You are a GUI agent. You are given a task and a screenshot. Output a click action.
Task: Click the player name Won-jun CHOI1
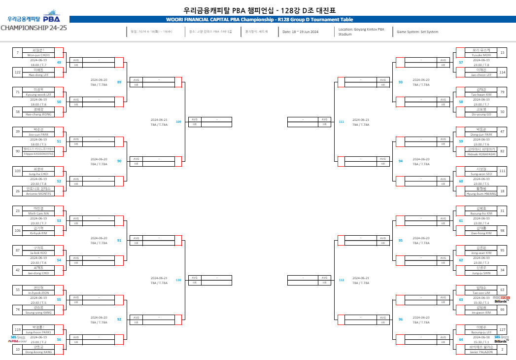coord(38,55)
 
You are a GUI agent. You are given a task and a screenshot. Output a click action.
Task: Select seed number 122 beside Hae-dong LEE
coord(18,72)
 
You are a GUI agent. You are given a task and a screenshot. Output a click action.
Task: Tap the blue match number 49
coord(59,63)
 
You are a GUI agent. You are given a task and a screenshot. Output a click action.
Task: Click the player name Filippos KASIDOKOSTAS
coord(38,154)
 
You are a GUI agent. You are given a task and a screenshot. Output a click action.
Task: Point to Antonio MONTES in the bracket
coord(38,193)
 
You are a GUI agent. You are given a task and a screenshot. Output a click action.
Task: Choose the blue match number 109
coord(178,121)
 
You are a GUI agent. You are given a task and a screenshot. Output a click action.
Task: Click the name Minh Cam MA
coord(38,214)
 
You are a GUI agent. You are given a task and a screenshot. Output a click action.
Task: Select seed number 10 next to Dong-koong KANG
coord(18,349)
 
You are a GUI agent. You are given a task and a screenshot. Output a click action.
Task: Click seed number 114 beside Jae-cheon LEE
coord(502,72)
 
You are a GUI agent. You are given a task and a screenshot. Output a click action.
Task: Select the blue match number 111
coord(341,121)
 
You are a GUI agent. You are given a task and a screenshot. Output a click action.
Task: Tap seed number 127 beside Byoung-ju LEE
coord(502,329)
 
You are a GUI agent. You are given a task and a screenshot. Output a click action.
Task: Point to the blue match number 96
coord(401,320)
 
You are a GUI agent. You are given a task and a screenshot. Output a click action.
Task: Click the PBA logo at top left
coord(51,19)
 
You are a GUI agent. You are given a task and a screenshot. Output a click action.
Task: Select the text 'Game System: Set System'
coord(417,32)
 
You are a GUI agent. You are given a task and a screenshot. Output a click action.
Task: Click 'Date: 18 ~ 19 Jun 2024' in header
coord(300,32)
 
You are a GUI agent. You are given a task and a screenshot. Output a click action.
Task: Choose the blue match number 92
coord(119,320)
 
